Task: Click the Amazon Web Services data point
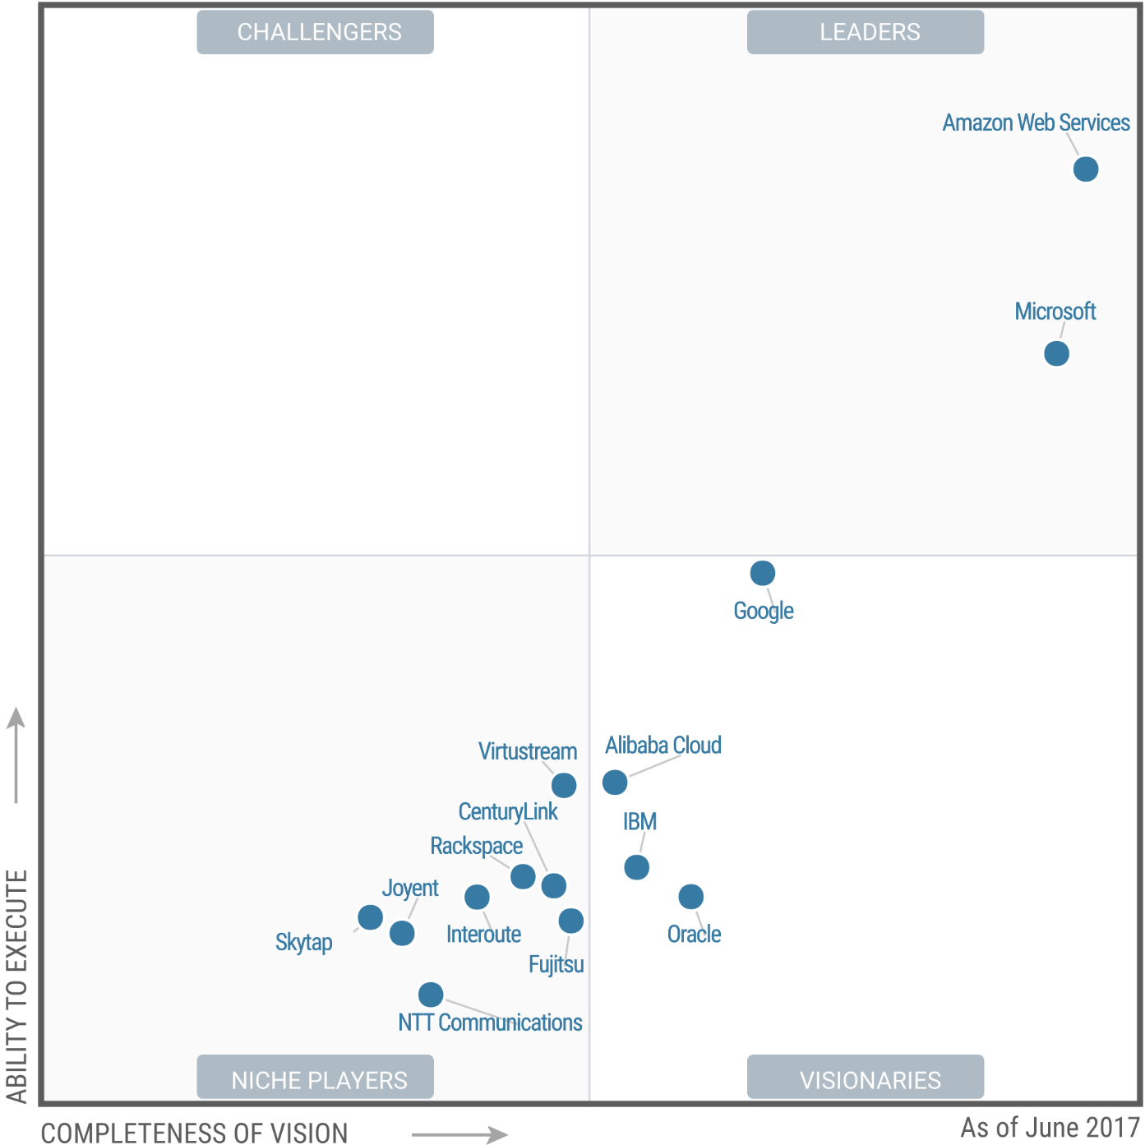[x=1086, y=169]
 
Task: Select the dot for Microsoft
[x=1056, y=353]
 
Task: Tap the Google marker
[x=763, y=572]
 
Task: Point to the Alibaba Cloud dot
[x=615, y=782]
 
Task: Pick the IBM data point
[x=636, y=867]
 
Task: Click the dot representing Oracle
[x=691, y=897]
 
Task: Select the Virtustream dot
[x=564, y=785]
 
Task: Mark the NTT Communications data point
[x=431, y=995]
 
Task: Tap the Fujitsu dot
[x=571, y=921]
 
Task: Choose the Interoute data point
[x=477, y=897]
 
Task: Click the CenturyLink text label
[x=508, y=812]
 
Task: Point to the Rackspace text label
[x=477, y=846]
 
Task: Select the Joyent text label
[x=410, y=889]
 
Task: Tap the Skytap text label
[x=304, y=942]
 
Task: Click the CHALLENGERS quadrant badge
[x=316, y=32]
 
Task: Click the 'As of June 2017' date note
[x=1050, y=1127]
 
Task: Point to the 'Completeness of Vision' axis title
[x=194, y=1133]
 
